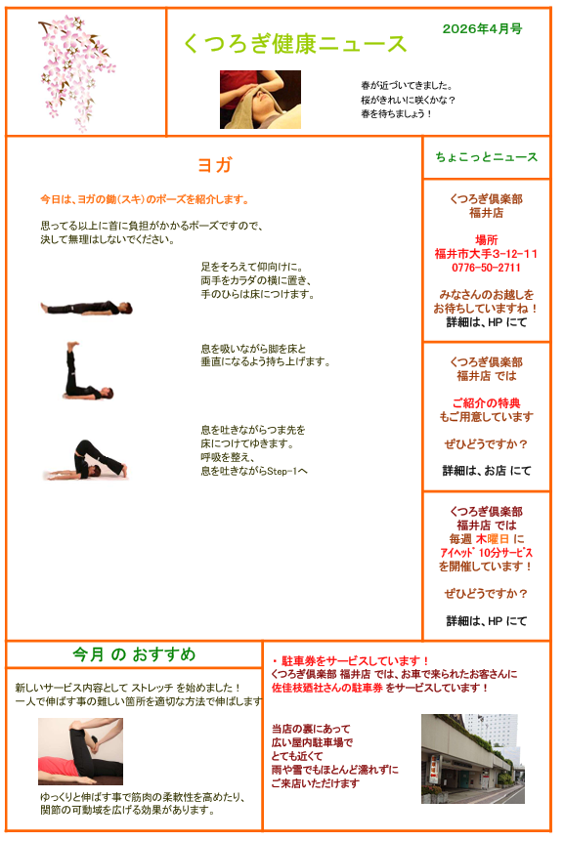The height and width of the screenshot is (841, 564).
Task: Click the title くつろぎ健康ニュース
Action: coord(294,44)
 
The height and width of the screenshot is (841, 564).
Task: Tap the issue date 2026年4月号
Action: coord(482,29)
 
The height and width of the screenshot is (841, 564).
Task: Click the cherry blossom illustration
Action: coord(77,72)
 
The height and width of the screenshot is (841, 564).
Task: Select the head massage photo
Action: coord(260,100)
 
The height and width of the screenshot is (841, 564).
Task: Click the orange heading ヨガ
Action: coord(215,165)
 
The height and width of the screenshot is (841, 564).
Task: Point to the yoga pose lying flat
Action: coord(86,308)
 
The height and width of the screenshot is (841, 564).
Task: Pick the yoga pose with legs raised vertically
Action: coord(88,370)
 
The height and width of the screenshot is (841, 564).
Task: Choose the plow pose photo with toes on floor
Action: coord(86,460)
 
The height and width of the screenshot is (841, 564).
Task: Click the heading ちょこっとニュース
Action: coord(486,157)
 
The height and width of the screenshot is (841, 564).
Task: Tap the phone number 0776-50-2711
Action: coord(486,268)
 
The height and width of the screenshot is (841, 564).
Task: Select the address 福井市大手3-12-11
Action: coord(486,254)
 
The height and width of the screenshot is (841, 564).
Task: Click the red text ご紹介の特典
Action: coord(486,402)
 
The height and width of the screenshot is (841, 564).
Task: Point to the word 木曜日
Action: coord(492,539)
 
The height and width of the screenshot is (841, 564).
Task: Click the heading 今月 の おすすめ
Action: coord(134,654)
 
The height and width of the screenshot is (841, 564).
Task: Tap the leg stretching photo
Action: coord(80,751)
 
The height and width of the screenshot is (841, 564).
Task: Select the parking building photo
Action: coord(473,758)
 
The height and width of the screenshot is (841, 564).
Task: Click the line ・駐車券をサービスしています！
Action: coord(350,660)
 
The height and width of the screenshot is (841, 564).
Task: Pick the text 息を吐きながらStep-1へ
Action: coord(254,472)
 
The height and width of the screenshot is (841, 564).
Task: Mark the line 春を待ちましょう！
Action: coord(396,113)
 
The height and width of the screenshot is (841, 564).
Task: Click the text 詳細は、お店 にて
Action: coord(487,471)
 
